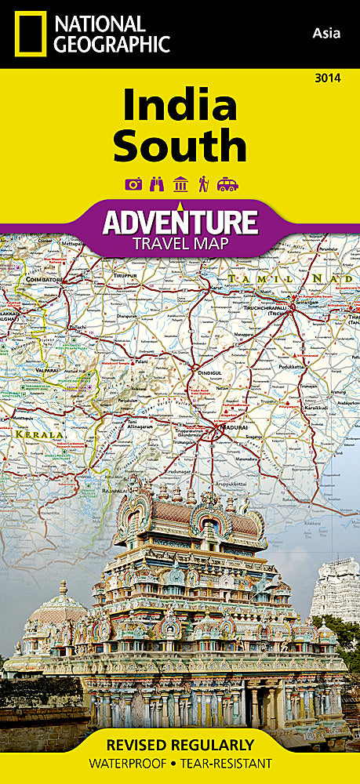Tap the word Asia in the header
(x=325, y=32)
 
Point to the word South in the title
(x=179, y=147)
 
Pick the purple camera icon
(x=133, y=184)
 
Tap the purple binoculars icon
(x=156, y=184)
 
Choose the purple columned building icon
(x=180, y=184)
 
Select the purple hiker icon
(x=202, y=184)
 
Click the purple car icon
(x=227, y=184)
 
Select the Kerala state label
(x=25, y=434)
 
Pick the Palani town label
(x=140, y=362)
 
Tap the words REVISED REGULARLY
(x=180, y=744)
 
